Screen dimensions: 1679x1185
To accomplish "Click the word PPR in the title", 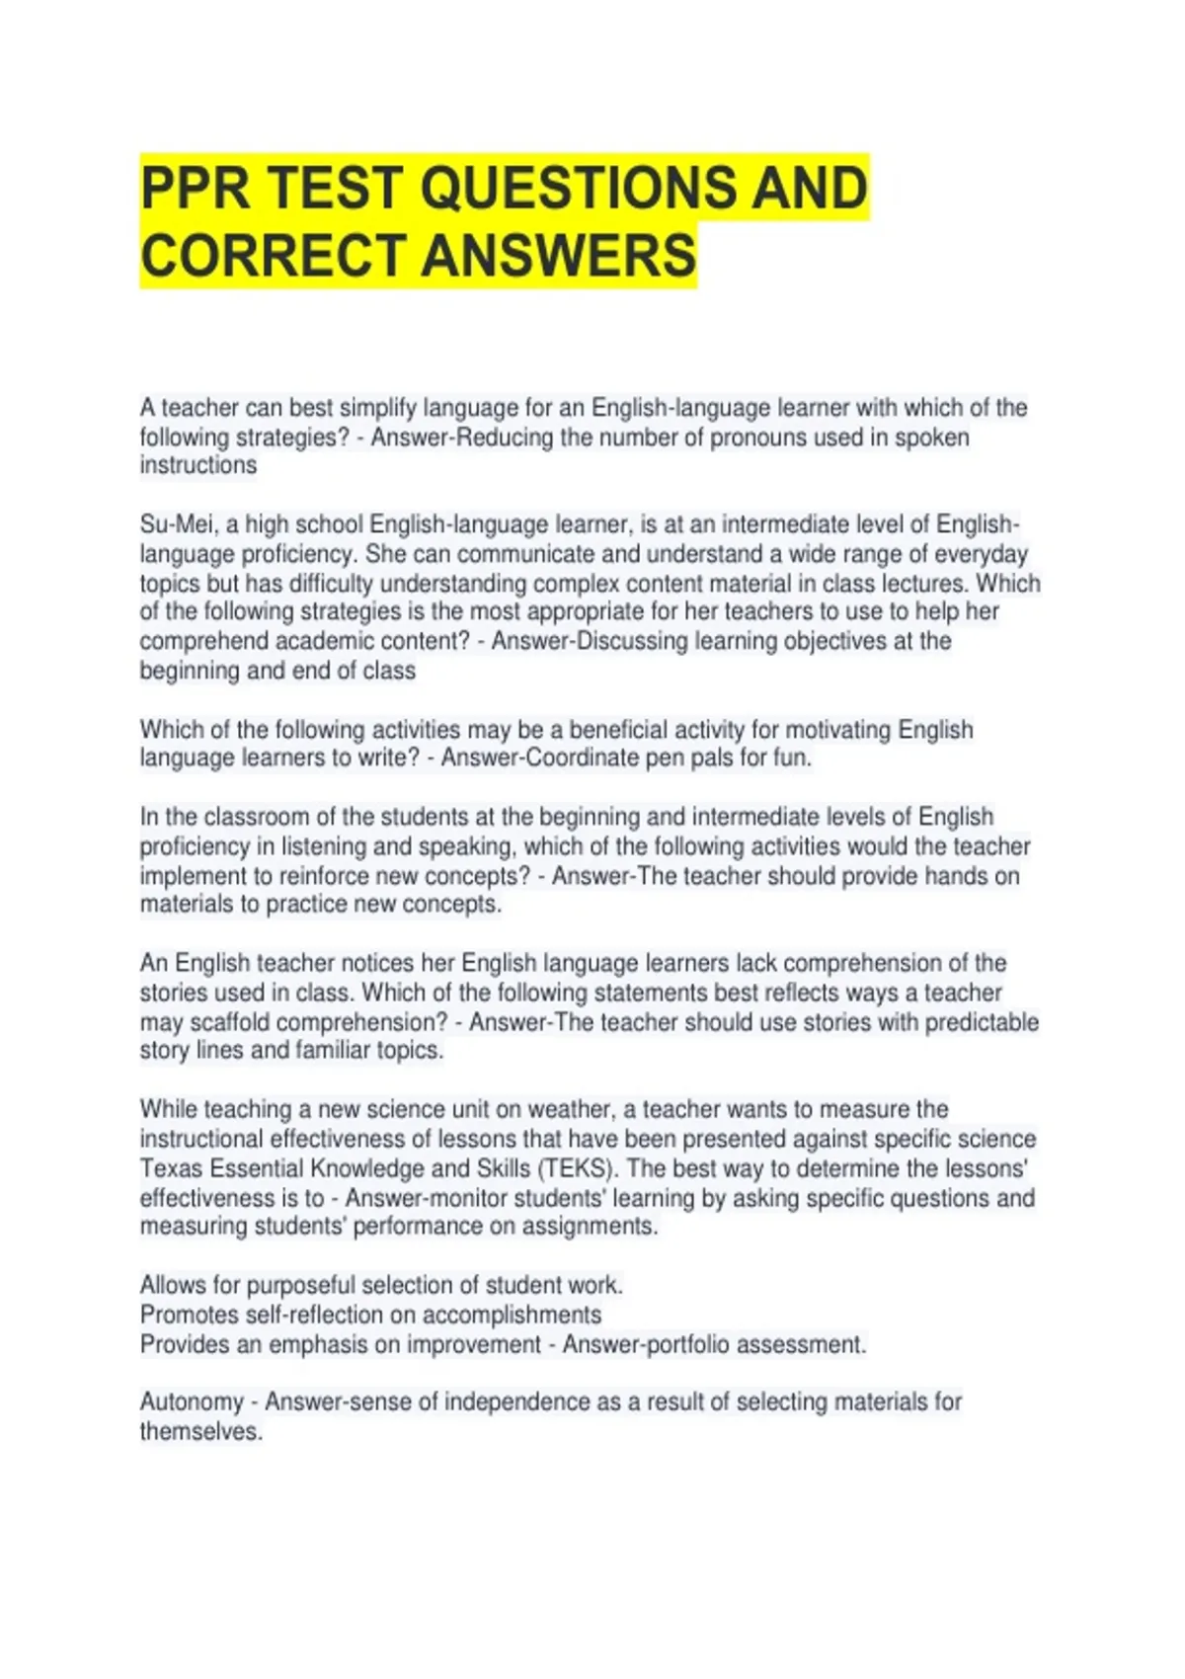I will point(195,188).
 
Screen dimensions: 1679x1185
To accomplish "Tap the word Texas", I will point(172,1168).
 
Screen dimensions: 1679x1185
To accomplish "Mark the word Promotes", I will point(189,1315).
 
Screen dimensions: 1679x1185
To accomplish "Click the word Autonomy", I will point(192,1402).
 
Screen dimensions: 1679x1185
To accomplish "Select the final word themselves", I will point(200,1432).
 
